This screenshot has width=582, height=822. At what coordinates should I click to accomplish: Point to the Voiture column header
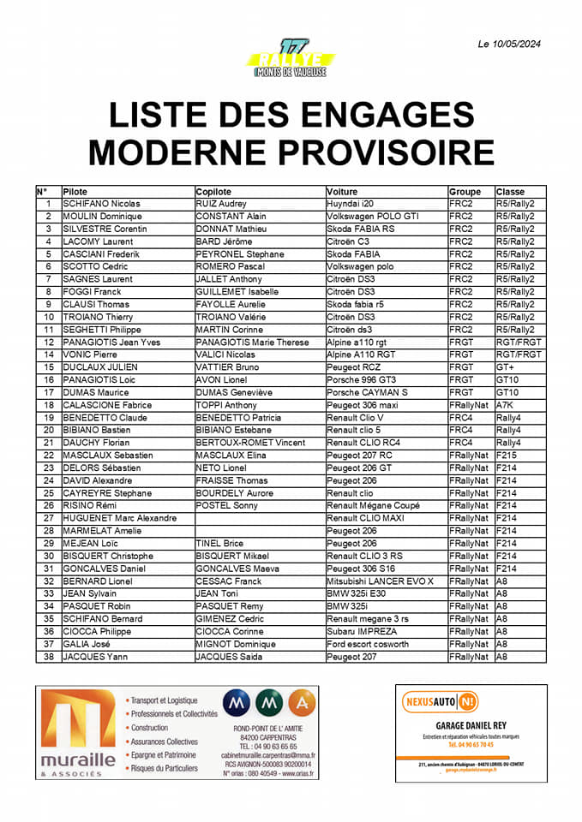tap(342, 192)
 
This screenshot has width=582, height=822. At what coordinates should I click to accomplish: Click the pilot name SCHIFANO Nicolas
tap(101, 204)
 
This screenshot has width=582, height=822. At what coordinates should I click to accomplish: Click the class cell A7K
tap(507, 405)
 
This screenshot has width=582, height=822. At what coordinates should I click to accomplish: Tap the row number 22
tap(48, 455)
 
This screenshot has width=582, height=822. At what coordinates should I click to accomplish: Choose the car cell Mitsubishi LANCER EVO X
tap(380, 581)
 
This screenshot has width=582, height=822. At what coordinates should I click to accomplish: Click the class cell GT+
tap(505, 367)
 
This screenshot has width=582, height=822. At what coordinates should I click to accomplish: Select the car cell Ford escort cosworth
tap(368, 644)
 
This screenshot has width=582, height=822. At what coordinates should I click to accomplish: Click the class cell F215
tap(508, 455)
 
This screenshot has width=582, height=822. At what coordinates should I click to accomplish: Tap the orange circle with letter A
tap(300, 704)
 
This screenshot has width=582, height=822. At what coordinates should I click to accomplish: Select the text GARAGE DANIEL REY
tap(471, 727)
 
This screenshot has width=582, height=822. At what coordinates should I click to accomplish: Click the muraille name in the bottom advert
tap(77, 759)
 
